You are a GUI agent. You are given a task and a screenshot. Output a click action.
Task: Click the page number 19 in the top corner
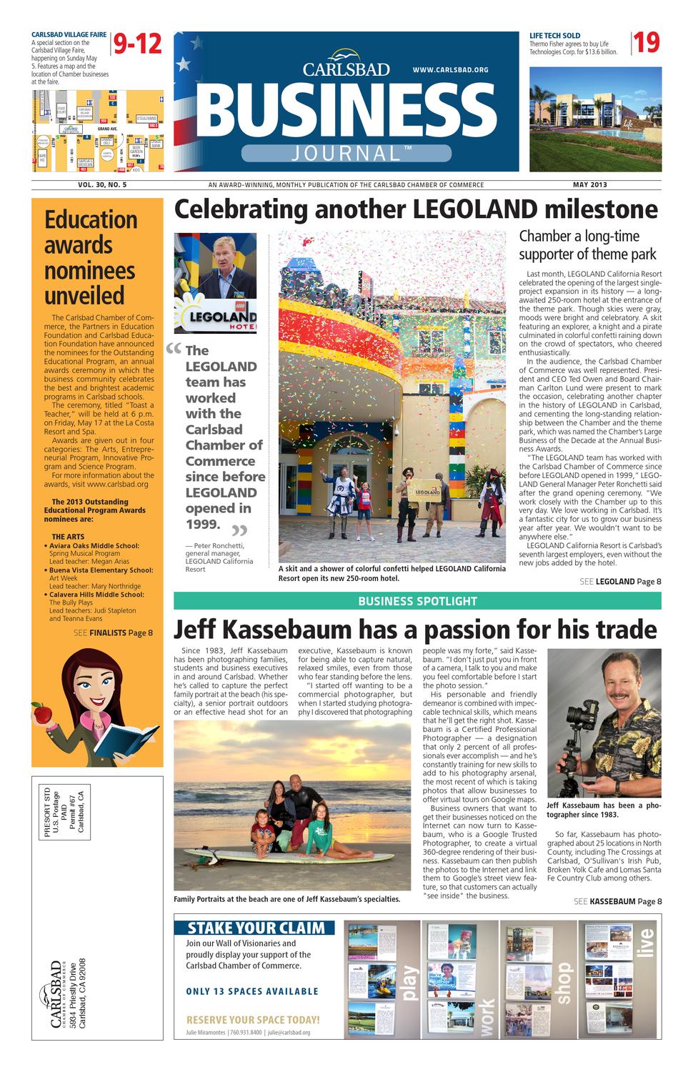647,44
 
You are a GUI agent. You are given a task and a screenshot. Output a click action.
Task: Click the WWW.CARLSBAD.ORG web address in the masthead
450,70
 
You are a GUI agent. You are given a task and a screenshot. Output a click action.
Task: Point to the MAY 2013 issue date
589,185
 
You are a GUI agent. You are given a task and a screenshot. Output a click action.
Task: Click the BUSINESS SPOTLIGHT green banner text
417,601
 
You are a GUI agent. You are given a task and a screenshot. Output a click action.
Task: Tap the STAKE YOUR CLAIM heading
254,928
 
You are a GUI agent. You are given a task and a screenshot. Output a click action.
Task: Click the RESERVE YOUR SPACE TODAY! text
253,1020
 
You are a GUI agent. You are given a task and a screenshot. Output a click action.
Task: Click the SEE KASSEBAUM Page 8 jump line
617,901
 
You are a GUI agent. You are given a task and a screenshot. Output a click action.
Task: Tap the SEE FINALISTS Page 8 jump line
113,632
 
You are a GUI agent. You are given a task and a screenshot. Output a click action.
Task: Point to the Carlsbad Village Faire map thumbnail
97,131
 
